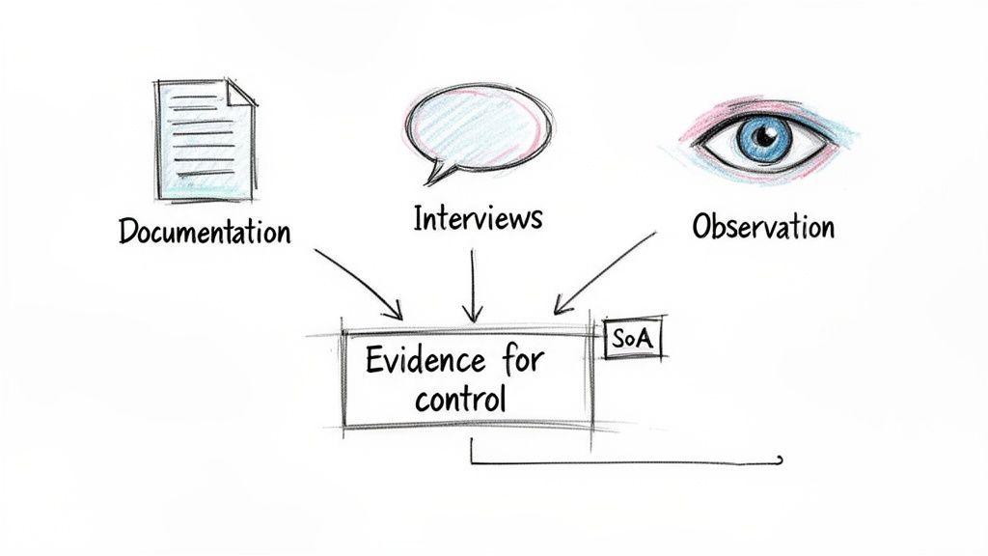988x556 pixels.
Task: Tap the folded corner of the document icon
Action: (x=241, y=93)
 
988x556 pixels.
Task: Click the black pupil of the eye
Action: (x=764, y=136)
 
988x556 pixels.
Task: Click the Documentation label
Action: (x=204, y=232)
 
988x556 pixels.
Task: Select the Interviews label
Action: (x=478, y=218)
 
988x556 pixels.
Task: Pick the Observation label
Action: (x=763, y=227)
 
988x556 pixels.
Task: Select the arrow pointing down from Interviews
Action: (x=472, y=285)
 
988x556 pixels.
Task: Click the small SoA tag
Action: (x=633, y=340)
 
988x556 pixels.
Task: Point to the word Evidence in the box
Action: (x=425, y=361)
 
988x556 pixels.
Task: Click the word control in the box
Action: (x=460, y=399)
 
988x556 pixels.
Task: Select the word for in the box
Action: (x=522, y=361)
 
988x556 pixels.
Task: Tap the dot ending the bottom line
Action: (x=780, y=460)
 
